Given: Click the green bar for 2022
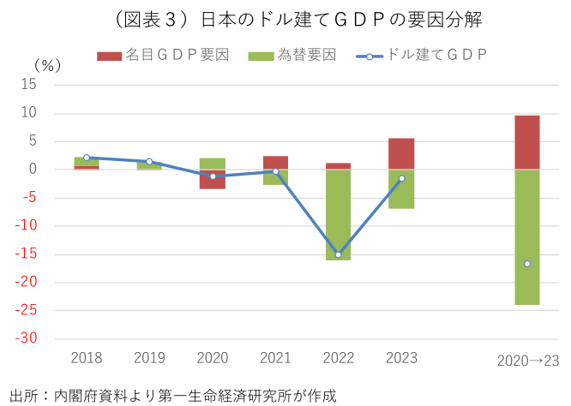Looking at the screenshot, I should coord(338,214).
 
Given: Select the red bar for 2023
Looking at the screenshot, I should coord(400,154).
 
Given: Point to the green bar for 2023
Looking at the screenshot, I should coord(400,189).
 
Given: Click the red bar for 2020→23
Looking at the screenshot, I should coord(526,142).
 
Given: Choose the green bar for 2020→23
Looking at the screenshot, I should coord(526,236).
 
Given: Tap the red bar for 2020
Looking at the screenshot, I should coord(213,179).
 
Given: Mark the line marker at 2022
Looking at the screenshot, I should coord(338,254).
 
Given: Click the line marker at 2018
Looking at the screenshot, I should coord(87,158).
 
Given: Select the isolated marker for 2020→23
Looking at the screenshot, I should coord(526,264).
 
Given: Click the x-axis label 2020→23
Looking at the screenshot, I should coord(527,361).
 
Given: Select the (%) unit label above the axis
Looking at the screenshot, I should coord(47,65).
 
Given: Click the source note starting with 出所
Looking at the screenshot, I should coord(172,395).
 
